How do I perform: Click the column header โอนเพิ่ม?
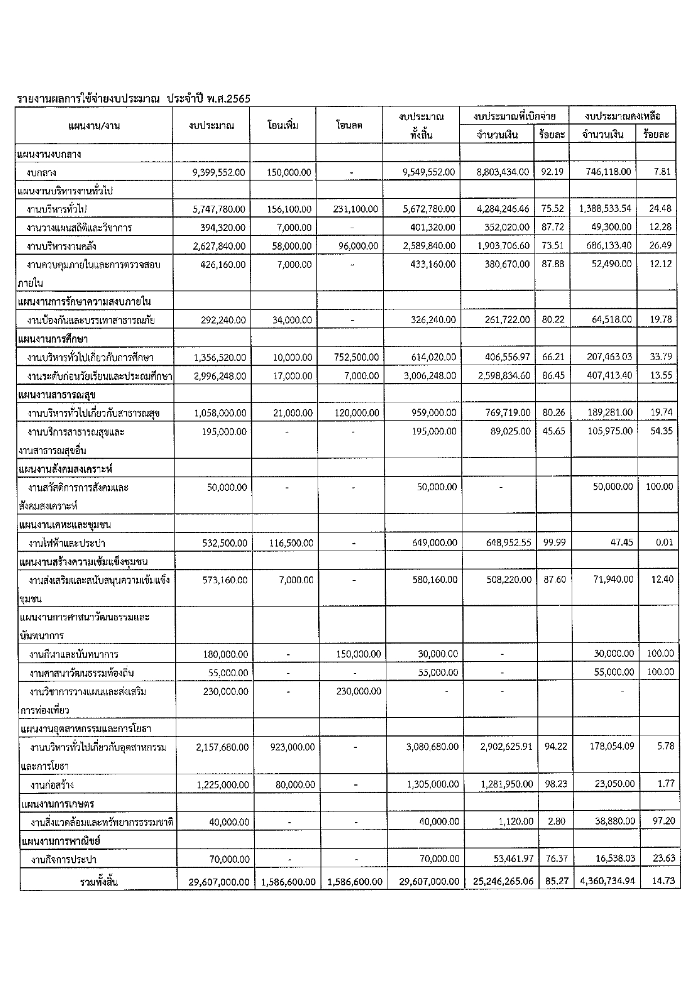tap(283, 125)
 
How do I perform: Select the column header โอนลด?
tap(349, 125)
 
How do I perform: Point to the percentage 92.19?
tap(552, 172)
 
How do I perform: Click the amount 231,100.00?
tap(355, 209)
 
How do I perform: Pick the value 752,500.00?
tap(357, 357)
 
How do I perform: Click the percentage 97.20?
tap(664, 821)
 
